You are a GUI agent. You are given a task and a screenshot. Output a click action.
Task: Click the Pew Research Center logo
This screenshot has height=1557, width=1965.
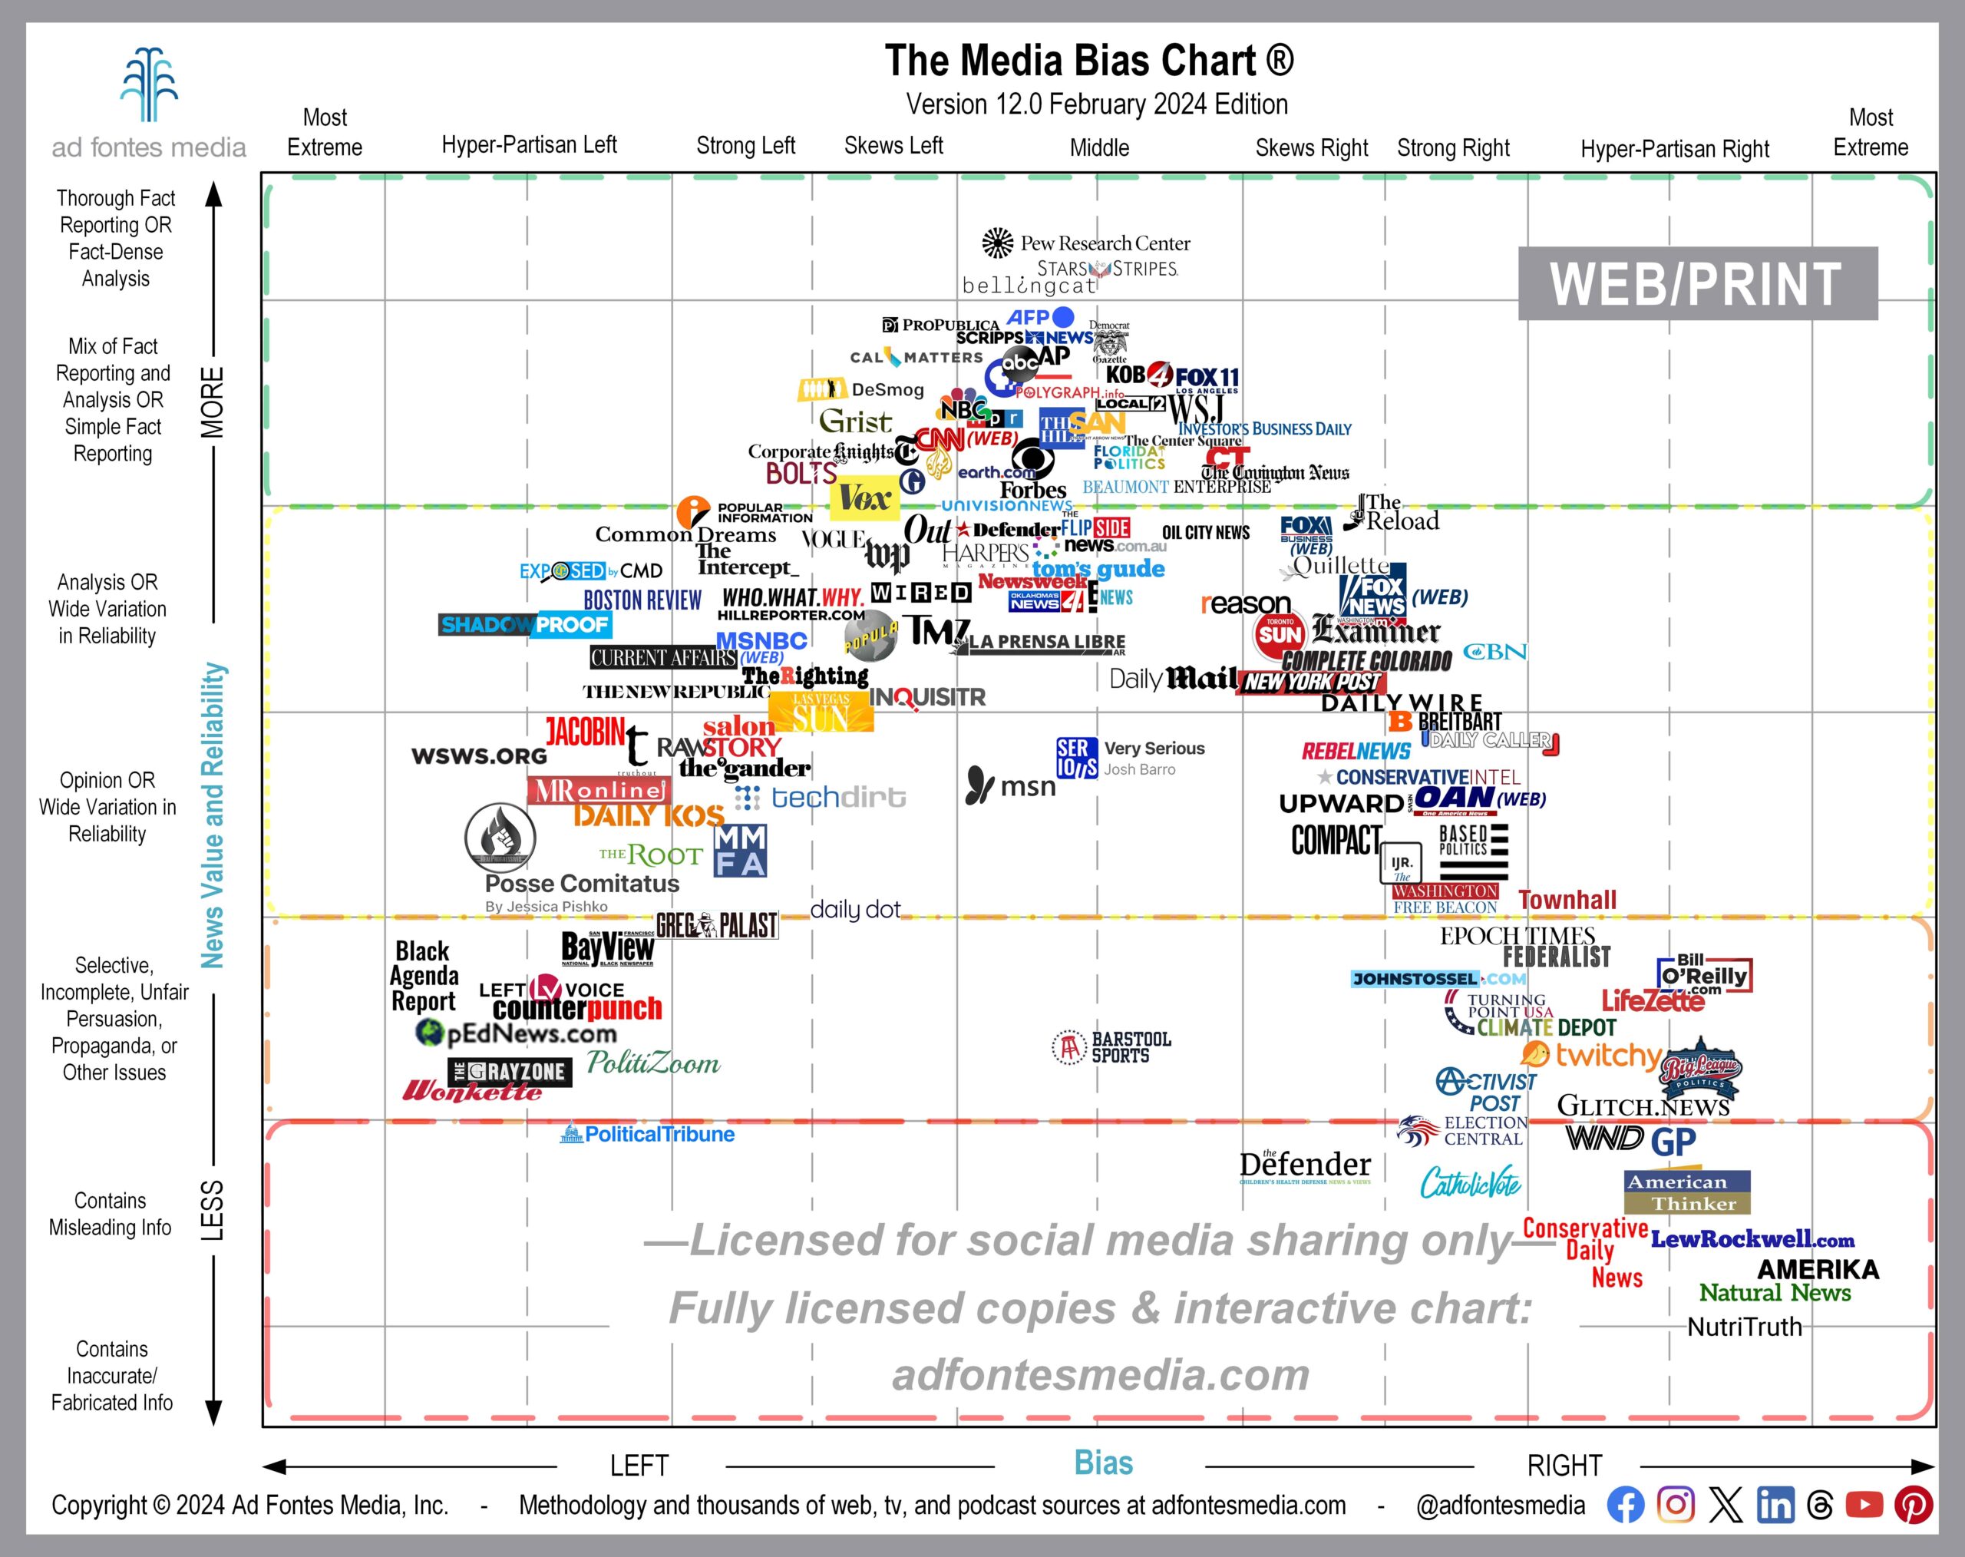click(x=1086, y=243)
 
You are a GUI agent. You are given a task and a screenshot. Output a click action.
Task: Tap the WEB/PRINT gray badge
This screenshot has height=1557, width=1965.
click(x=1697, y=283)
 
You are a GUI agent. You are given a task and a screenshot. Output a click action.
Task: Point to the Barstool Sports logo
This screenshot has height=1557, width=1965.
click(x=1112, y=1047)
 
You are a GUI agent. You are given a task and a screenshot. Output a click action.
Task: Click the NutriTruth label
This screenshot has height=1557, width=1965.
click(x=1745, y=1327)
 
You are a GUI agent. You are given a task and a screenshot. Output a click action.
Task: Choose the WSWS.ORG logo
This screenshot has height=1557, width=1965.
click(x=480, y=755)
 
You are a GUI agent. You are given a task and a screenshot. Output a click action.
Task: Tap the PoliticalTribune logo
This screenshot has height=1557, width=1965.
click(x=648, y=1134)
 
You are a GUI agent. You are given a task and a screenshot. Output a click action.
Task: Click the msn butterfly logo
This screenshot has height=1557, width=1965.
click(x=1011, y=785)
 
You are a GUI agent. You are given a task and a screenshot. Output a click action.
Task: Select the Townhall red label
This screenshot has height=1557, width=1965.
click(x=1567, y=900)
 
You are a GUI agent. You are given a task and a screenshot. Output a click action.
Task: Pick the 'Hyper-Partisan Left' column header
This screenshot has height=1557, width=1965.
click(x=529, y=145)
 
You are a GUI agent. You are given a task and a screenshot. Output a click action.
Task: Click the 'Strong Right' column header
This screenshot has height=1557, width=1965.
click(x=1453, y=147)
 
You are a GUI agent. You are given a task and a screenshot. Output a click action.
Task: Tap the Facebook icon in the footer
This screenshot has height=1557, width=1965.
click(x=1625, y=1505)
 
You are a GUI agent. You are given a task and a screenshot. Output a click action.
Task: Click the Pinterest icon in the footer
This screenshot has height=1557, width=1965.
click(x=1913, y=1505)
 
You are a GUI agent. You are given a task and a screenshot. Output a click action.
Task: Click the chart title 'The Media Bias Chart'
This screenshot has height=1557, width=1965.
click(x=1088, y=61)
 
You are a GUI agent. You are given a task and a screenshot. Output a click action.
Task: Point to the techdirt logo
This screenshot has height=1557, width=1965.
click(x=821, y=798)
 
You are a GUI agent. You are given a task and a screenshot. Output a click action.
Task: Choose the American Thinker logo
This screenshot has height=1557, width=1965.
click(x=1687, y=1192)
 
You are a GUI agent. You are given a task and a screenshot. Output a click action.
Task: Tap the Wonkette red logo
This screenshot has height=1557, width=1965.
click(x=472, y=1090)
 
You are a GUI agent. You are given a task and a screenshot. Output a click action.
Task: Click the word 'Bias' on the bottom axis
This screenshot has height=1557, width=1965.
click(x=1103, y=1463)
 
